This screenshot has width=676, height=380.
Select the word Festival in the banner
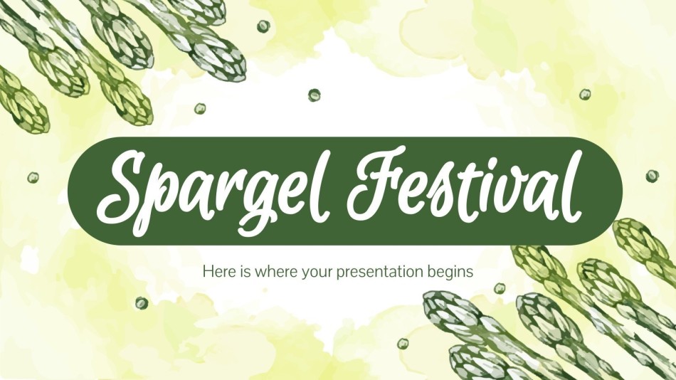pyautogui.click(x=465, y=184)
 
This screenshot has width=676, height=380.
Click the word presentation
pyautogui.click(x=379, y=273)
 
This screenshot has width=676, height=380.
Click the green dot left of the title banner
pyautogui.click(x=33, y=177)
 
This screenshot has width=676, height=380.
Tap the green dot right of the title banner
pyautogui.click(x=652, y=176)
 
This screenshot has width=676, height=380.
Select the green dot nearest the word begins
pyautogui.click(x=500, y=287)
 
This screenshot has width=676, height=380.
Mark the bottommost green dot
pyautogui.click(x=403, y=343)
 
